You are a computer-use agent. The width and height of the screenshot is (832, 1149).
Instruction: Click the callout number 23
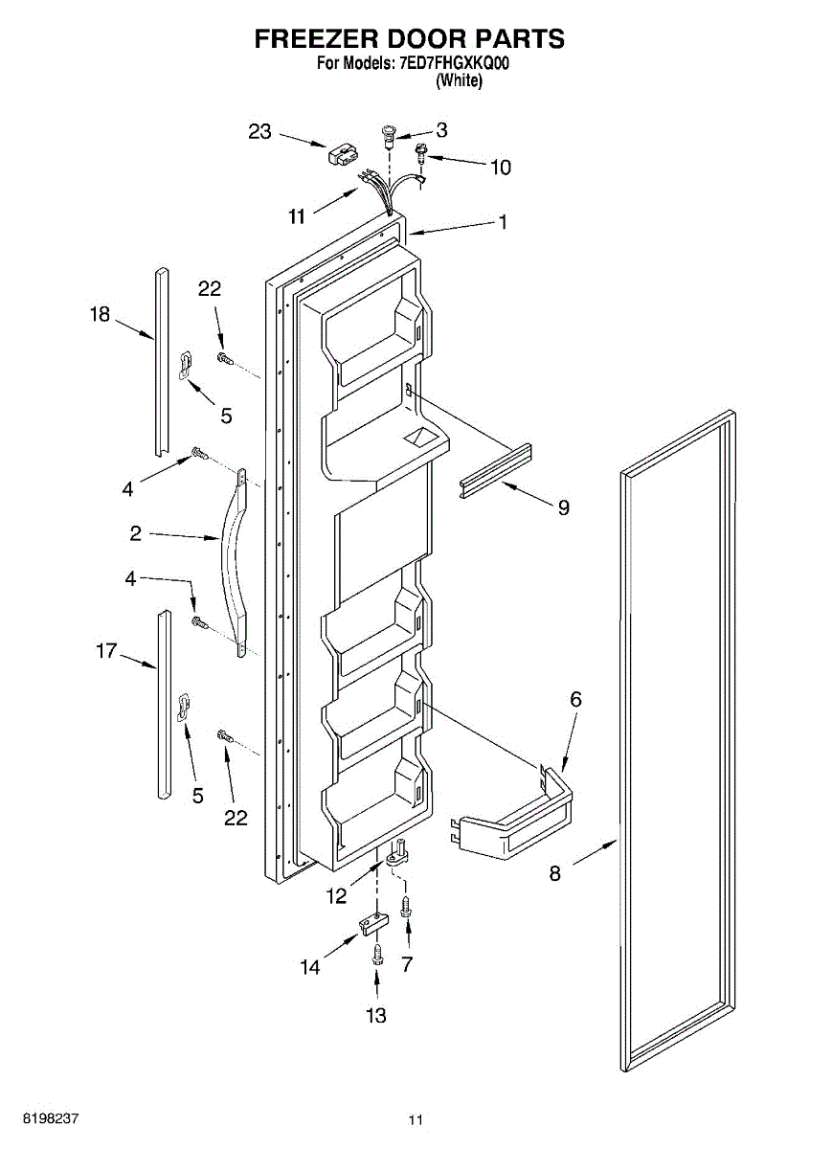260,132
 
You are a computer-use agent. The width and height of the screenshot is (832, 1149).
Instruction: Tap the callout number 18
101,313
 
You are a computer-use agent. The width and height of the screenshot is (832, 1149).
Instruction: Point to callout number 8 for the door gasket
555,872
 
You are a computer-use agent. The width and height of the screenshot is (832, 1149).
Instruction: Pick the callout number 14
309,967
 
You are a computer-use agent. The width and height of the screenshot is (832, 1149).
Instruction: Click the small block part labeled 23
344,155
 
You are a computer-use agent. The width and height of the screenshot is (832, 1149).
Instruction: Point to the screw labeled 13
377,953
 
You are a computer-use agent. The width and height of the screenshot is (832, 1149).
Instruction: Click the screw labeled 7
407,905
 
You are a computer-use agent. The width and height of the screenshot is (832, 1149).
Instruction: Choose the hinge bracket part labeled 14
369,923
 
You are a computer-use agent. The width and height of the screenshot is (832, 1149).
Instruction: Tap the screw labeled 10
420,149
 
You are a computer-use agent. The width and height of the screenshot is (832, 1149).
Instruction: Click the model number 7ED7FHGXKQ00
454,65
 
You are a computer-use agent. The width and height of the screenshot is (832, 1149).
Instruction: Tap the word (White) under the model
459,81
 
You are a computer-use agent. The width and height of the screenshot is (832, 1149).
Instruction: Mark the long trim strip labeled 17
165,704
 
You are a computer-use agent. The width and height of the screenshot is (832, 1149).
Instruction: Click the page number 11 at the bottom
415,1119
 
